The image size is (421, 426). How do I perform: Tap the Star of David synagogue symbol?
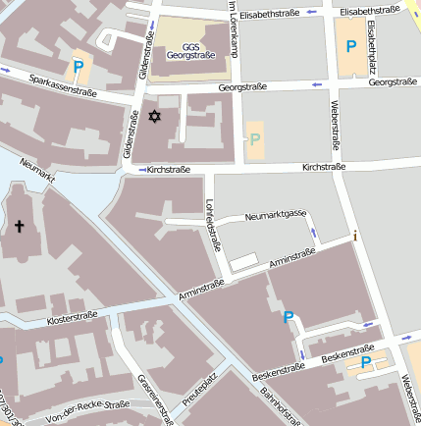(152, 118)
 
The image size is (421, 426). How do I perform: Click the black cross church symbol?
(19, 226)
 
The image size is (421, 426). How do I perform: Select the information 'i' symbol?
(355, 235)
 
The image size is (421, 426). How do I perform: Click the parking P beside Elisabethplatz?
(350, 45)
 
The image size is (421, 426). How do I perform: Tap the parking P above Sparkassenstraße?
(78, 67)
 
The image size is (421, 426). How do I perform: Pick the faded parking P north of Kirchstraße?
(255, 139)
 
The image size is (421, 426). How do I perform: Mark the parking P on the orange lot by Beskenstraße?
(366, 363)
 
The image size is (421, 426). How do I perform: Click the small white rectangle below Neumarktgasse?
(244, 261)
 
